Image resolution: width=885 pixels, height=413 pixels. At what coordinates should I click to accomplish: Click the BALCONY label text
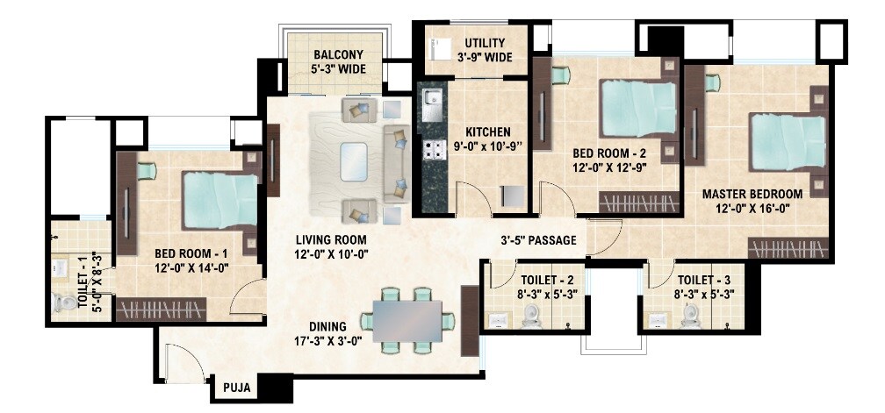click(x=333, y=54)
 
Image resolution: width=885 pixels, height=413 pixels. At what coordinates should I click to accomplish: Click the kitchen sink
click(x=431, y=106)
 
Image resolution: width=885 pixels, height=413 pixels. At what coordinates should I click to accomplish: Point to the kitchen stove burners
click(x=432, y=150)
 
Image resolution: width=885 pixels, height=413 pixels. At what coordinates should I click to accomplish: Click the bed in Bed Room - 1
click(x=219, y=199)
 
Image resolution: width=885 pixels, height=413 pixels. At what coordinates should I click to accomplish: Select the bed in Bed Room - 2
click(x=638, y=108)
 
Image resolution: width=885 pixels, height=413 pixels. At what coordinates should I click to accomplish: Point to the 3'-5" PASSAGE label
click(x=537, y=239)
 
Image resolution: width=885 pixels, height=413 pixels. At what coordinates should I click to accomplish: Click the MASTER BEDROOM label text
click(x=752, y=194)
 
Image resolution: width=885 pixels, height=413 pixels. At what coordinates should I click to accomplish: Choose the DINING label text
click(x=327, y=325)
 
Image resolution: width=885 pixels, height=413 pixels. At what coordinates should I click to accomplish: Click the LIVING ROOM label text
click(x=330, y=239)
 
